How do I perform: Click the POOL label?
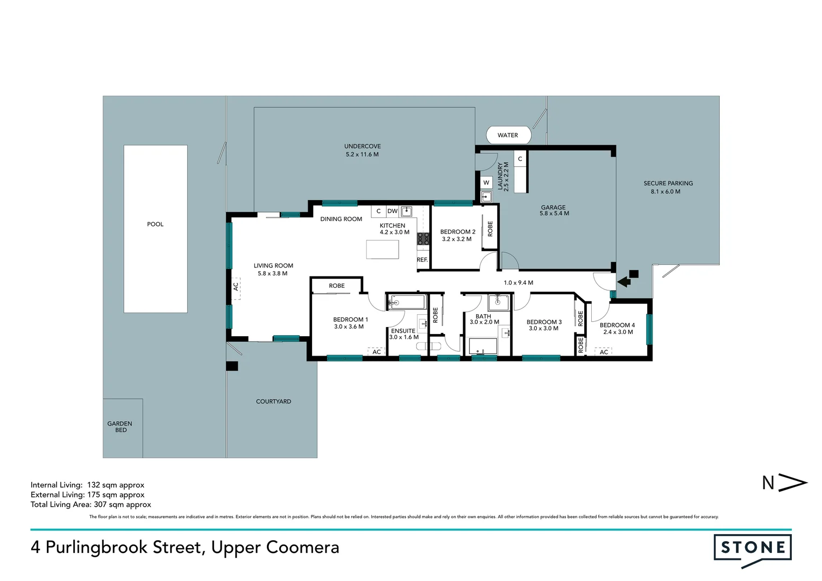point(155,224)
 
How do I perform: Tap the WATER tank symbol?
point(508,135)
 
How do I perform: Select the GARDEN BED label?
point(120,427)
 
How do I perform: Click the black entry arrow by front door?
point(625,281)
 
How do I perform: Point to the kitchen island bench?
point(382,250)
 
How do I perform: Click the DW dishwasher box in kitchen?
point(393,211)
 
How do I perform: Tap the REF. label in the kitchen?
point(422,260)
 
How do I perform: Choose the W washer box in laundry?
point(486,182)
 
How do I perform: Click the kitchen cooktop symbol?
point(423,239)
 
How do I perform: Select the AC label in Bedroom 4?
point(604,352)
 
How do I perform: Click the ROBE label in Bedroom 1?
point(337,286)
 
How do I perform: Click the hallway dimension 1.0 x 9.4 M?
point(518,282)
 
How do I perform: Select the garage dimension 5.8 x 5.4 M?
point(554,214)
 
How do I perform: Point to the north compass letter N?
point(768,483)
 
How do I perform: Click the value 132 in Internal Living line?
point(94,485)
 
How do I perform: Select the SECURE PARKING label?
point(668,183)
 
